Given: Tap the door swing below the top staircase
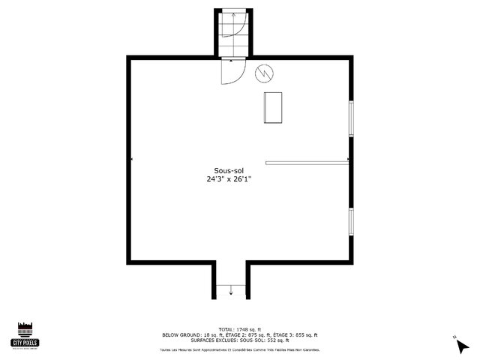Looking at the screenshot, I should pos(232,72).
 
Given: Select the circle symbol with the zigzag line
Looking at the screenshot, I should pos(264,73).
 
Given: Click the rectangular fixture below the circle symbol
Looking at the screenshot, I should pos(273,108).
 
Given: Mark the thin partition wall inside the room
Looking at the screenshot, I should pos(307,160).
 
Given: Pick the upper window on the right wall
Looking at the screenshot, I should pos(351,118).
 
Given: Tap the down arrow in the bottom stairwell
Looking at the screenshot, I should pos(231,289).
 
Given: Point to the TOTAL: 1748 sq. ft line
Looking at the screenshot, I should pos(240,329).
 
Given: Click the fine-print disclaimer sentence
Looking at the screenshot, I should pos(239,349).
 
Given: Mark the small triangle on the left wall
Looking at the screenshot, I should pos(132,159).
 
